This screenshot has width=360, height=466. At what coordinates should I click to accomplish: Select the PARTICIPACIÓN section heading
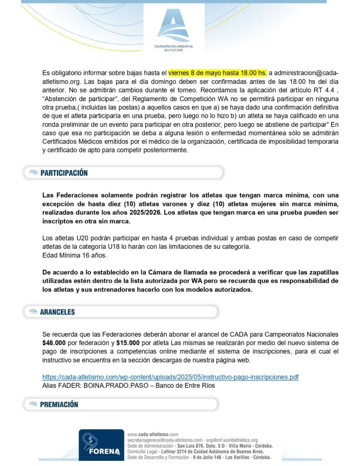coord(64,173)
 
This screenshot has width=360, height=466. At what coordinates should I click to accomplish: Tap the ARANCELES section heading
coord(57,312)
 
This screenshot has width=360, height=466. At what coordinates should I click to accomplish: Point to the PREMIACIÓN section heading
coord(59,404)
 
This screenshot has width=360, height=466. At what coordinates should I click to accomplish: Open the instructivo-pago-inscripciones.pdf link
coord(170,377)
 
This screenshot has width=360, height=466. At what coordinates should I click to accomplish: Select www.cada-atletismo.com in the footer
coord(153,435)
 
